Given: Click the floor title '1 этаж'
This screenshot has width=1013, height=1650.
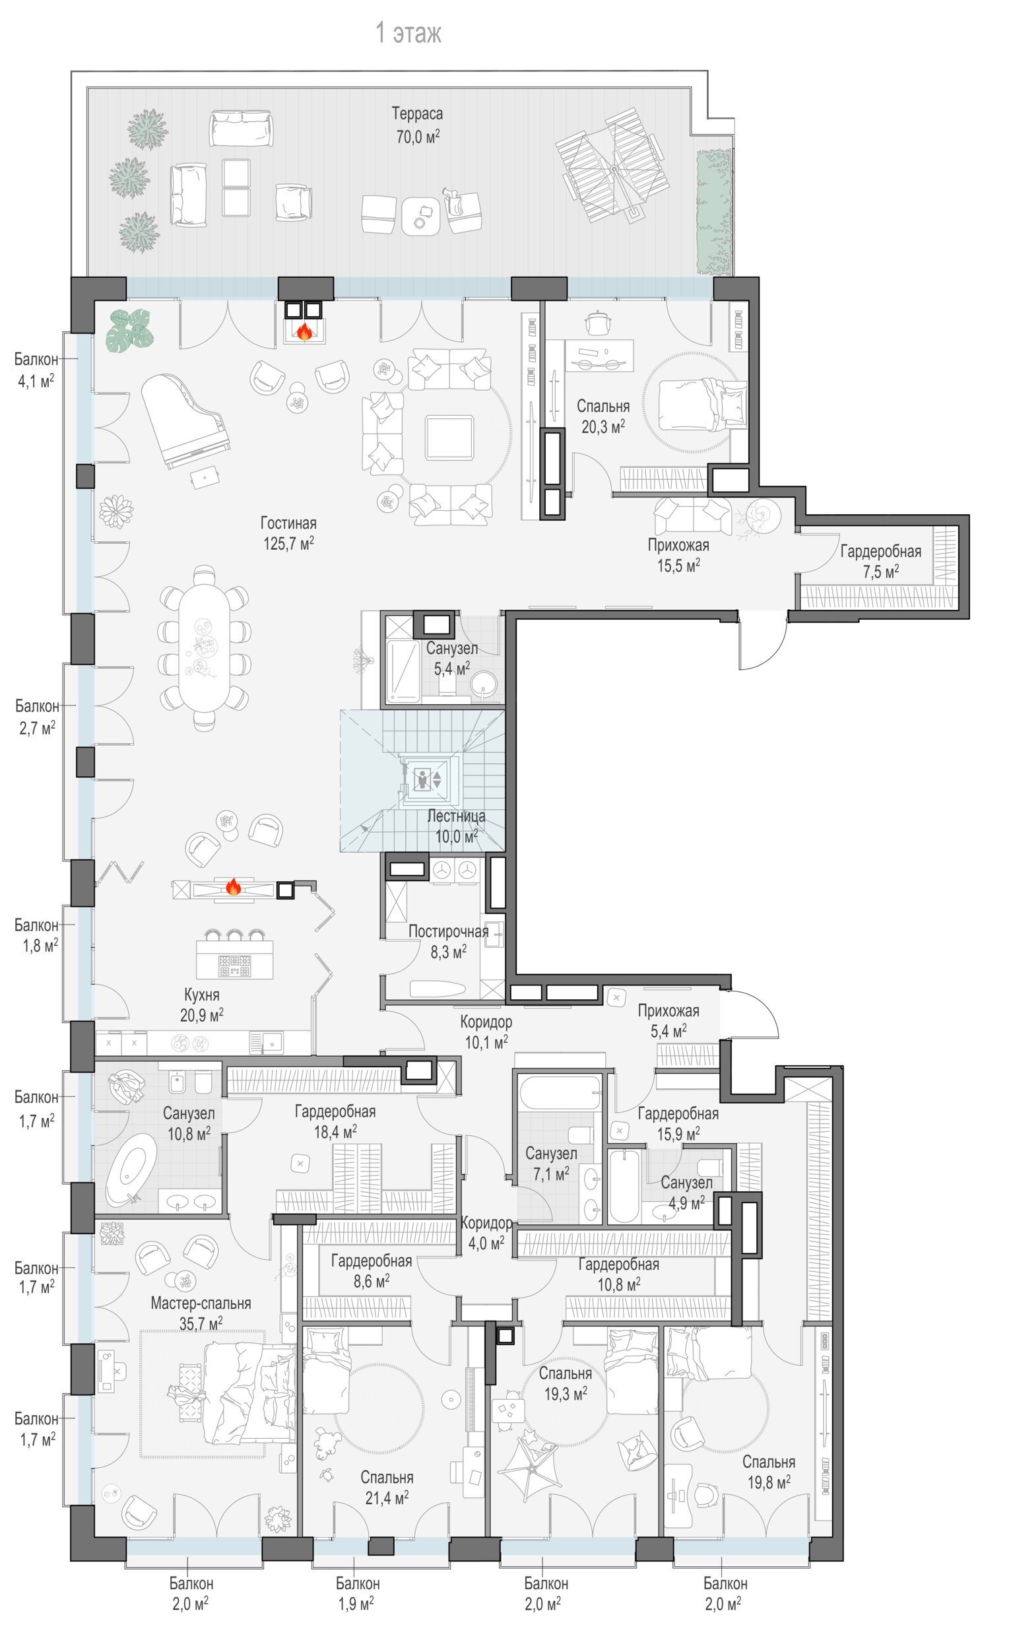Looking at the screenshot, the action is click(408, 33).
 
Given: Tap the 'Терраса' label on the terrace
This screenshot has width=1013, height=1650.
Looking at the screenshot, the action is click(416, 114).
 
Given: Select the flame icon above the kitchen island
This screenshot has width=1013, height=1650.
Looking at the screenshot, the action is click(232, 886).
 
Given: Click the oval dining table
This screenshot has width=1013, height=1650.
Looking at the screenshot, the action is click(203, 648).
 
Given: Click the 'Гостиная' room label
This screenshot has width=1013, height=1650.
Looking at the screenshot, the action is click(288, 523).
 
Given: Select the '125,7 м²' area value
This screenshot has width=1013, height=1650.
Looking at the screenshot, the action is click(288, 543).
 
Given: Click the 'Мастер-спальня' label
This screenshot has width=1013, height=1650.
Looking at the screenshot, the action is click(201, 1303).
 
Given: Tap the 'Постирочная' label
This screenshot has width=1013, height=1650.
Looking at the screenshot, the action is click(448, 931).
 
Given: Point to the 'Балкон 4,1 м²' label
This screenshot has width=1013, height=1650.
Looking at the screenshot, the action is click(36, 370).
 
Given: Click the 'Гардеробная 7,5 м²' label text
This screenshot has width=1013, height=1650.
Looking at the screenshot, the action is click(880, 562).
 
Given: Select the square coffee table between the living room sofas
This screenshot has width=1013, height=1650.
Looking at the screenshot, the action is click(449, 438).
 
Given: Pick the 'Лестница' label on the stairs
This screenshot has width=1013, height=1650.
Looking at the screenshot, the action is click(456, 816).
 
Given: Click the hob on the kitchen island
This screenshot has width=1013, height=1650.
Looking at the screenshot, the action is click(234, 966).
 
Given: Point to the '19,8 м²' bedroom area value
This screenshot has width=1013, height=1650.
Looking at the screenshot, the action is click(768, 1482).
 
